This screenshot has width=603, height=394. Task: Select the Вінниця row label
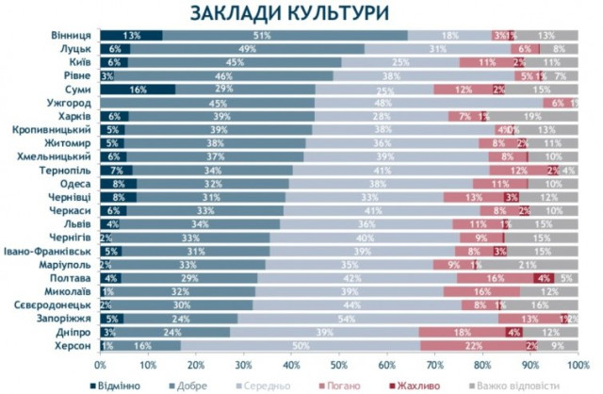coord(72,35)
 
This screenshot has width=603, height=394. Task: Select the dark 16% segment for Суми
coord(138,90)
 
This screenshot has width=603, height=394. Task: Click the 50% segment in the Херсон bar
coord(301,346)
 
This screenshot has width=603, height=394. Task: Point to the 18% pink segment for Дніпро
coord(462,333)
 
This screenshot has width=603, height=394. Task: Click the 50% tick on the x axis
coord(340,364)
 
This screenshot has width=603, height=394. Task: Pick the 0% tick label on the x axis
coord(101,364)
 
